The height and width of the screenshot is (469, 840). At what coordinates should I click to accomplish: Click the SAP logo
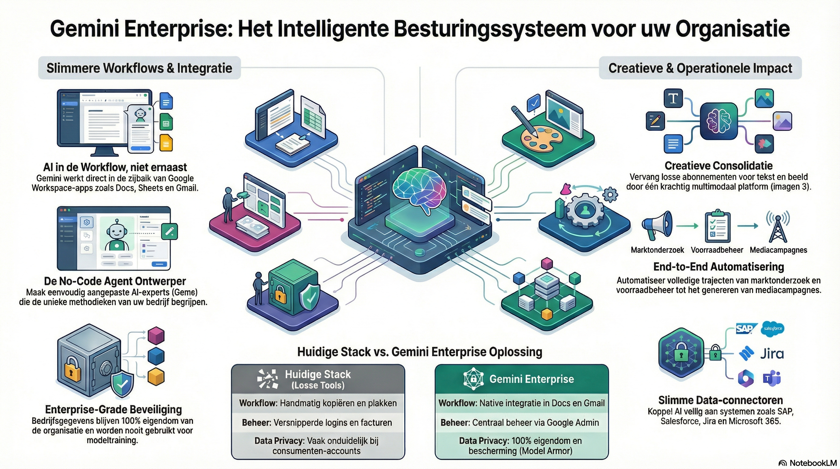745,329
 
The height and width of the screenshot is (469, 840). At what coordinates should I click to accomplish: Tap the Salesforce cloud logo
773,329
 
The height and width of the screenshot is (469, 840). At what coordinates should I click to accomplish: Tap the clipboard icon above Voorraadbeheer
717,227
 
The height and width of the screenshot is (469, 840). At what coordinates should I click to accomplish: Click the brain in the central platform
419,191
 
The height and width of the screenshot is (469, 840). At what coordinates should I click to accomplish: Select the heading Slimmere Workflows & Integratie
139,68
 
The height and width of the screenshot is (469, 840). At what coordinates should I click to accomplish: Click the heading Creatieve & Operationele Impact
700,68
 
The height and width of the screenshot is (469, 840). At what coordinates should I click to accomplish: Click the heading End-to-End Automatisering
719,267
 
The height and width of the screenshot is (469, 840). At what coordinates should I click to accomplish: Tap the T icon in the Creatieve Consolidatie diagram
673,98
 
